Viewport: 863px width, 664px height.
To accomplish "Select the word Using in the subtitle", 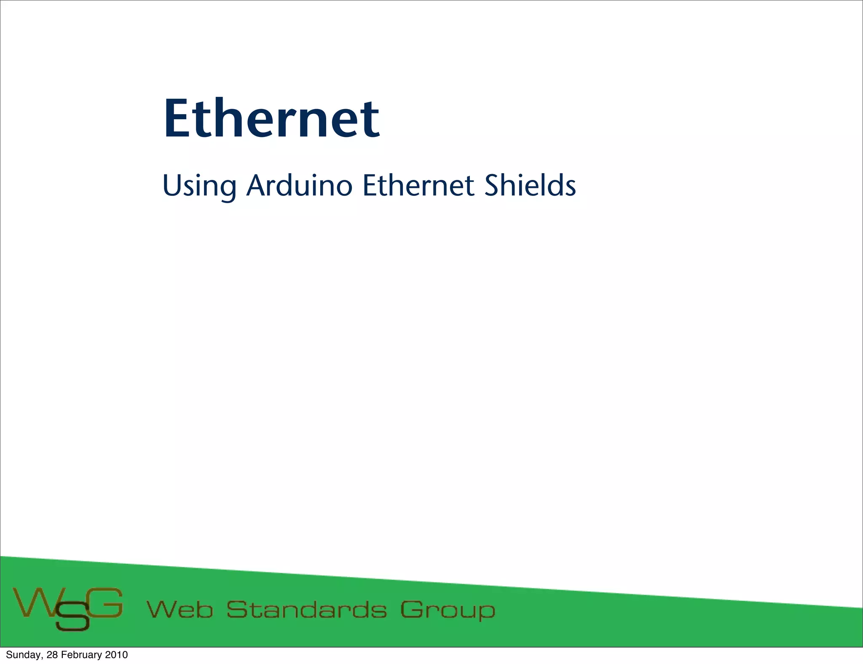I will click(199, 186).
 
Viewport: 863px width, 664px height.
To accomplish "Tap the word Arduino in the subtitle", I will click(299, 185).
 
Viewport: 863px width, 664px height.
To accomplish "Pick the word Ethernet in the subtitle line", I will click(418, 185).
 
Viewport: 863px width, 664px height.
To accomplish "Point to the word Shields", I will click(530, 185).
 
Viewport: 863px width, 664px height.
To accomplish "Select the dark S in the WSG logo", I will click(72, 617).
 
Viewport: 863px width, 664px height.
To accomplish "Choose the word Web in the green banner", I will click(180, 610).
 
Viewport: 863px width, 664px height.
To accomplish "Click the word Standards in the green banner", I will click(306, 610).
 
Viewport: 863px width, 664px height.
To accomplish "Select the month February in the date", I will click(81, 655).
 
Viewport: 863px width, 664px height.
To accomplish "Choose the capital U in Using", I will click(171, 185).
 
